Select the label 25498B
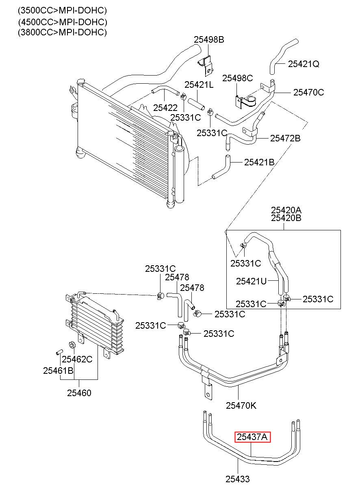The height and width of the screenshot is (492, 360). coord(209,39)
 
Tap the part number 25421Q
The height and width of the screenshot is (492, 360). coord(304,64)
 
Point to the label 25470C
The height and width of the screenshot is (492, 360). coord(309,92)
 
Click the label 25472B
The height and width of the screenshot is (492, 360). coord(285,139)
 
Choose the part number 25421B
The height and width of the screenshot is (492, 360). coord(259,163)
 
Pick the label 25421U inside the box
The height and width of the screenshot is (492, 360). coord(251,281)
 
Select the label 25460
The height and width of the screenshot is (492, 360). coord(79,393)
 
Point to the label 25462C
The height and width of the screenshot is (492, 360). coord(77,359)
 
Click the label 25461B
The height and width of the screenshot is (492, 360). coord(58,371)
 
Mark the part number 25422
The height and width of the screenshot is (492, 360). coord(165,108)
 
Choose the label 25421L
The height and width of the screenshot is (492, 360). coord(199,85)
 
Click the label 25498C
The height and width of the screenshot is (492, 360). coord(237,78)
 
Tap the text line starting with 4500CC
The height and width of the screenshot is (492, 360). coord(63,22)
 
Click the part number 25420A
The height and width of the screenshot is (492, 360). coord(286,210)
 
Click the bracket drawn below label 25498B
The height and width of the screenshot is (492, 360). coord(206,65)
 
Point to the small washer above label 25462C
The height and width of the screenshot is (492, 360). coord(72,345)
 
